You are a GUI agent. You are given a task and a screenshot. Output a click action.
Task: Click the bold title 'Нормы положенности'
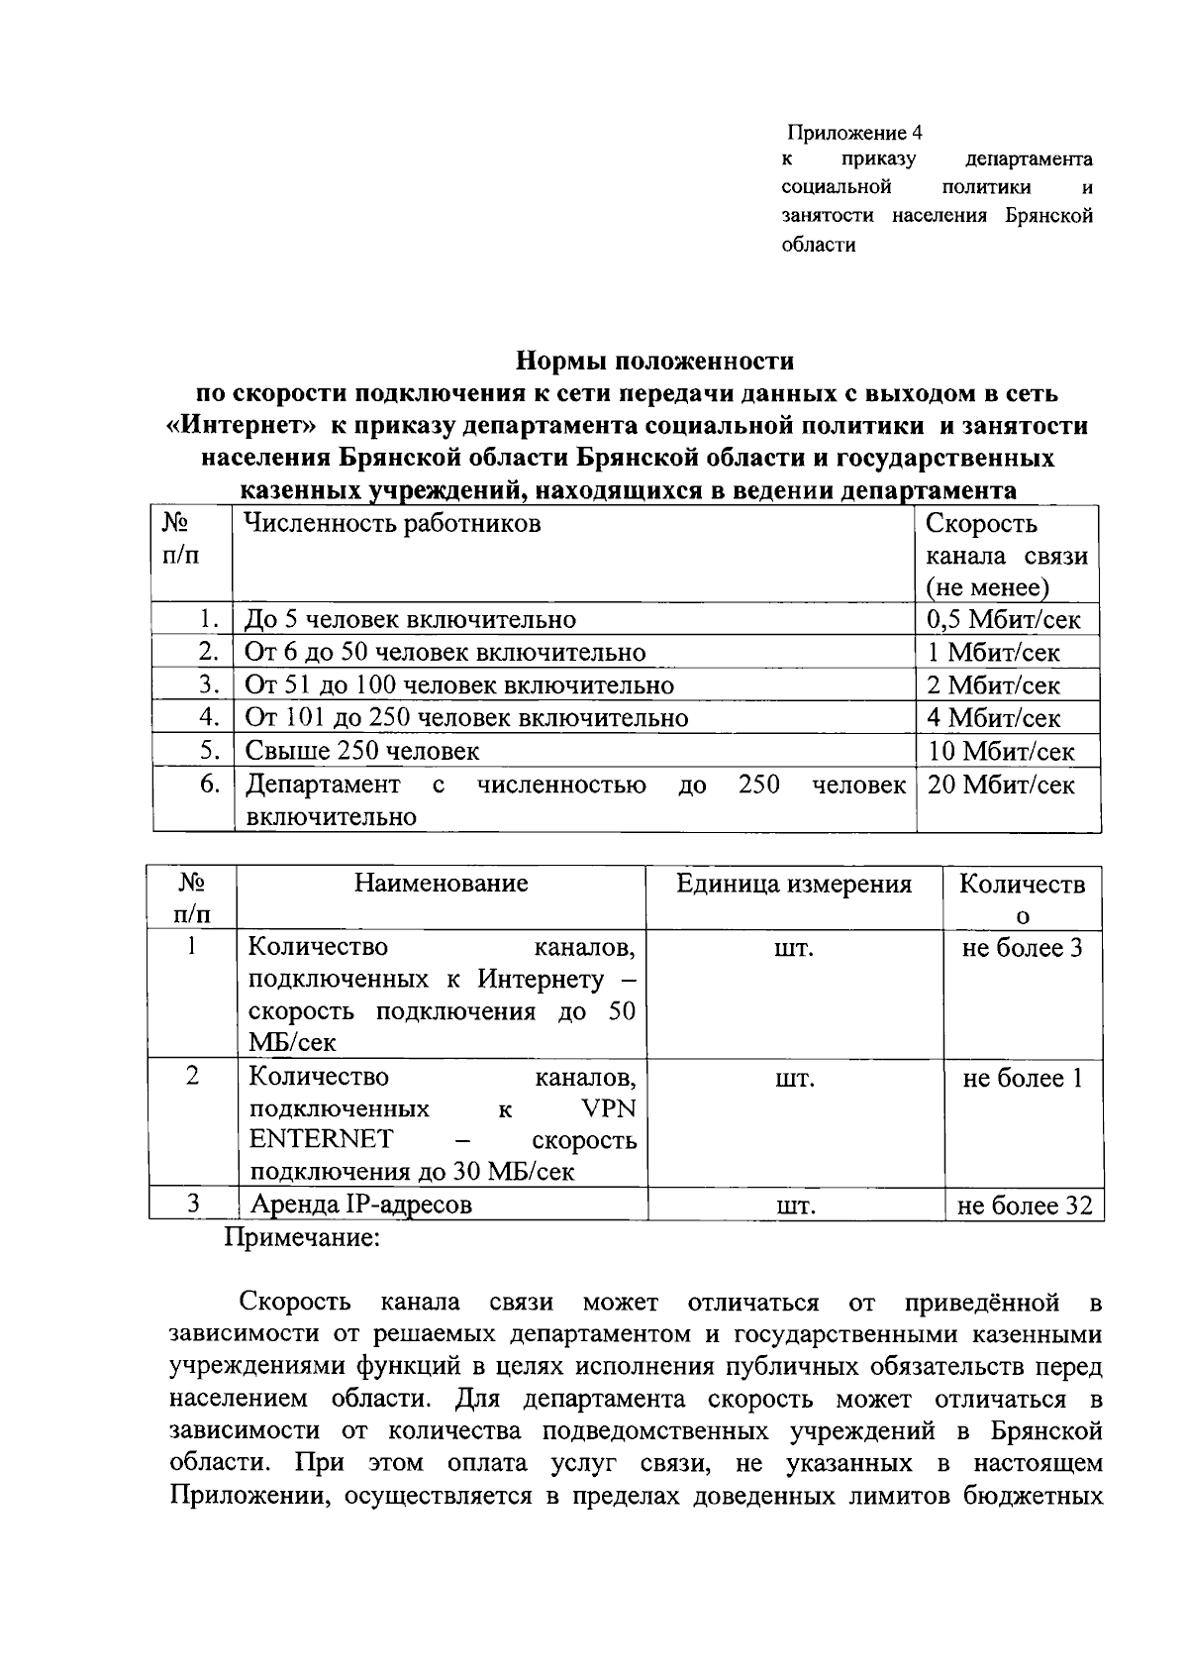click(656, 360)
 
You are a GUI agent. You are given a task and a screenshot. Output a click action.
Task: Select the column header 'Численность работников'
click(393, 523)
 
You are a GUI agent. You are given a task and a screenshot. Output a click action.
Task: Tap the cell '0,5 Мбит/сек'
click(1004, 620)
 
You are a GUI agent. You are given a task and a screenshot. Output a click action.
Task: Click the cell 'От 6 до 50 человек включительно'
click(445, 653)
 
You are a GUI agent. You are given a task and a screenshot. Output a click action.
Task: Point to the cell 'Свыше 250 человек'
click(362, 751)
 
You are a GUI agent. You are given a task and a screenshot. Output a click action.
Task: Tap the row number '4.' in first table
click(208, 717)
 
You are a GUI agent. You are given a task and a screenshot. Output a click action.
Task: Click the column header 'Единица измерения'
click(794, 884)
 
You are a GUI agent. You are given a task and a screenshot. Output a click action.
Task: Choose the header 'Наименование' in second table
click(442, 883)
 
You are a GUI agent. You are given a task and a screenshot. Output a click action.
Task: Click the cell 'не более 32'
click(1024, 1206)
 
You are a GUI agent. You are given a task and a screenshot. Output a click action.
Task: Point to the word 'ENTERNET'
click(321, 1139)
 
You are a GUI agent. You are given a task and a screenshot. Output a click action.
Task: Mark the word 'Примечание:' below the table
click(303, 1238)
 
